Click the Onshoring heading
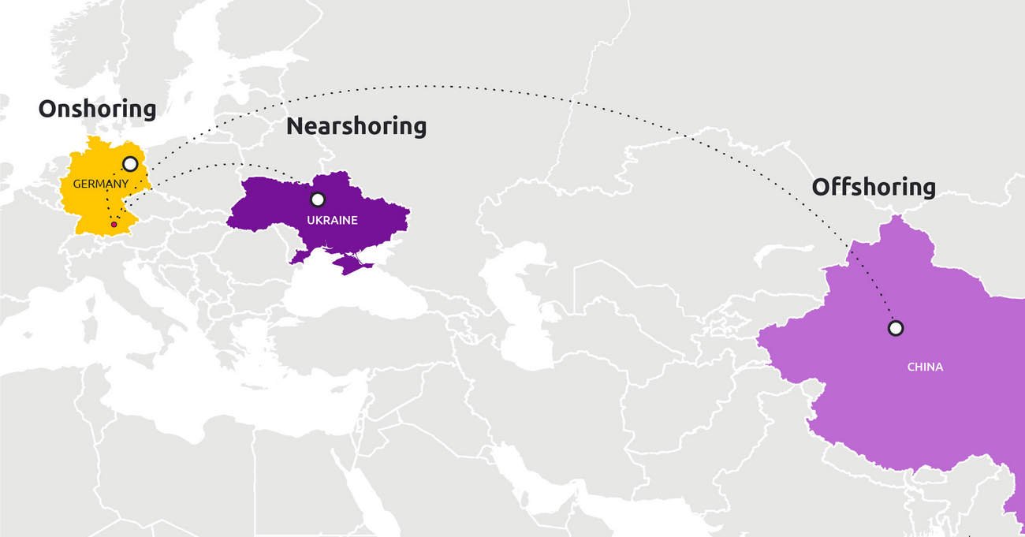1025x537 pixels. pos(97,109)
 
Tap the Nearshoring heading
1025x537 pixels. pos(356,125)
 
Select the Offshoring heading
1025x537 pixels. pos(874,187)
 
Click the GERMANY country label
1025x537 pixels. pos(100,184)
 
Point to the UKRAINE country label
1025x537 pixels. pos(332,220)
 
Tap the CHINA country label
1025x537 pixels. pos(924,367)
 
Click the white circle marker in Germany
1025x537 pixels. pos(130,164)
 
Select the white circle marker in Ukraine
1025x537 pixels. pos(318,200)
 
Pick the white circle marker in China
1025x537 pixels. pos(895,327)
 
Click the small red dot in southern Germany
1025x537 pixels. pos(114,225)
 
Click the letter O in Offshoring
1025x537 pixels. pos(821,188)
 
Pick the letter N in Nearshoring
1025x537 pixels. pos(295,126)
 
